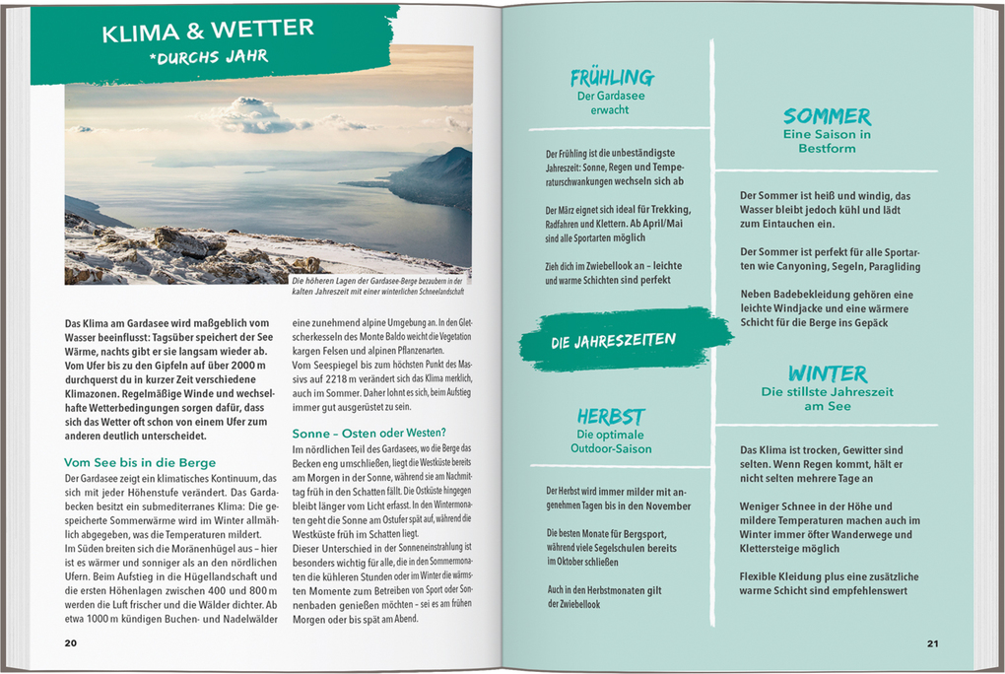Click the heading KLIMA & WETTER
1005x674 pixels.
pyautogui.click(x=208, y=32)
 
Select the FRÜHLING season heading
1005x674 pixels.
pyautogui.click(x=611, y=78)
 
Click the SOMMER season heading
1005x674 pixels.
pyautogui.click(x=827, y=116)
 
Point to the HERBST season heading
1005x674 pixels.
pyautogui.click(x=611, y=417)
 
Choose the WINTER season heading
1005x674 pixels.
pyautogui.click(x=827, y=374)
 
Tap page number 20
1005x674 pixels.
pyautogui.click(x=70, y=643)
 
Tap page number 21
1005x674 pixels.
pyautogui.click(x=932, y=643)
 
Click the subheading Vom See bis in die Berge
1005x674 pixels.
pyautogui.click(x=140, y=462)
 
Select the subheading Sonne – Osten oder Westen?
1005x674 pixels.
pyautogui.click(x=369, y=433)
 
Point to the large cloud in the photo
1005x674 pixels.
pyautogui.click(x=254, y=115)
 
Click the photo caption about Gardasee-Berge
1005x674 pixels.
pyautogui.click(x=378, y=286)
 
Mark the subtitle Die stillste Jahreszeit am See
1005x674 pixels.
pyautogui.click(x=827, y=399)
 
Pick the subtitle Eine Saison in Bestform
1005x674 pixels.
pyautogui.click(x=827, y=141)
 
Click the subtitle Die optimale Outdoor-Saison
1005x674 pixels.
pyautogui.click(x=611, y=441)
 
